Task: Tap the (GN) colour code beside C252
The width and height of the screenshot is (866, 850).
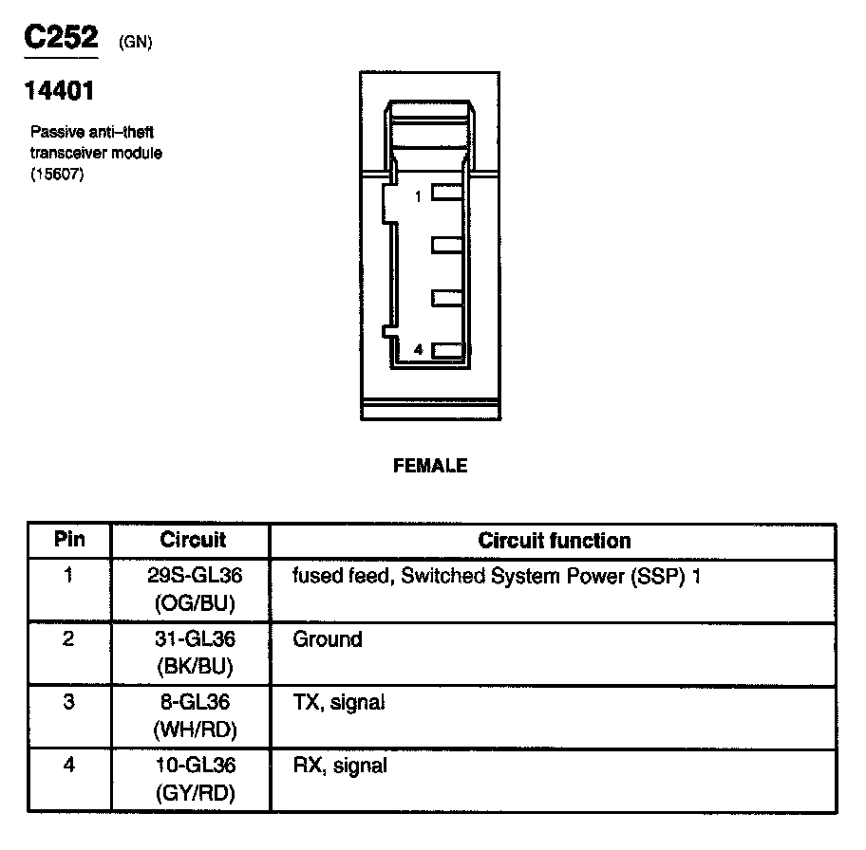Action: click(136, 42)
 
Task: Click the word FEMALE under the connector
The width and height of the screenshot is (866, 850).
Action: click(430, 466)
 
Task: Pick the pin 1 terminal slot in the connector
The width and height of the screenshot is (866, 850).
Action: click(446, 193)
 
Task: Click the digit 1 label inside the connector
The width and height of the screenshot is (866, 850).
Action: click(418, 196)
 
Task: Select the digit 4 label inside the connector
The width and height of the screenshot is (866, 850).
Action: click(419, 351)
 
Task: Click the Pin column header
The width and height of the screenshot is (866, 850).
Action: click(69, 540)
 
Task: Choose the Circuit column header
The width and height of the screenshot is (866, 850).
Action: click(194, 541)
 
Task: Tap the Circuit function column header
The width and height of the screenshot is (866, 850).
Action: click(554, 541)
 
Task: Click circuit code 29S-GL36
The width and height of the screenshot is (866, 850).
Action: click(194, 575)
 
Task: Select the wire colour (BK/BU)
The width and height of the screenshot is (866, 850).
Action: click(194, 667)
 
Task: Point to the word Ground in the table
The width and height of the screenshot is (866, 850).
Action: click(328, 639)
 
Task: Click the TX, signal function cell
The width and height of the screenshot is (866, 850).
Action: click(339, 703)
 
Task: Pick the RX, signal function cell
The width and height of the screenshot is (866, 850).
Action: click(340, 766)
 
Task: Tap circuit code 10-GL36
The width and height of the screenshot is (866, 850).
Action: click(194, 765)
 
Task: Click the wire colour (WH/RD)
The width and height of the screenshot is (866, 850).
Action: click(194, 730)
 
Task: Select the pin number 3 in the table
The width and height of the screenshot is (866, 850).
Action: click(68, 703)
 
